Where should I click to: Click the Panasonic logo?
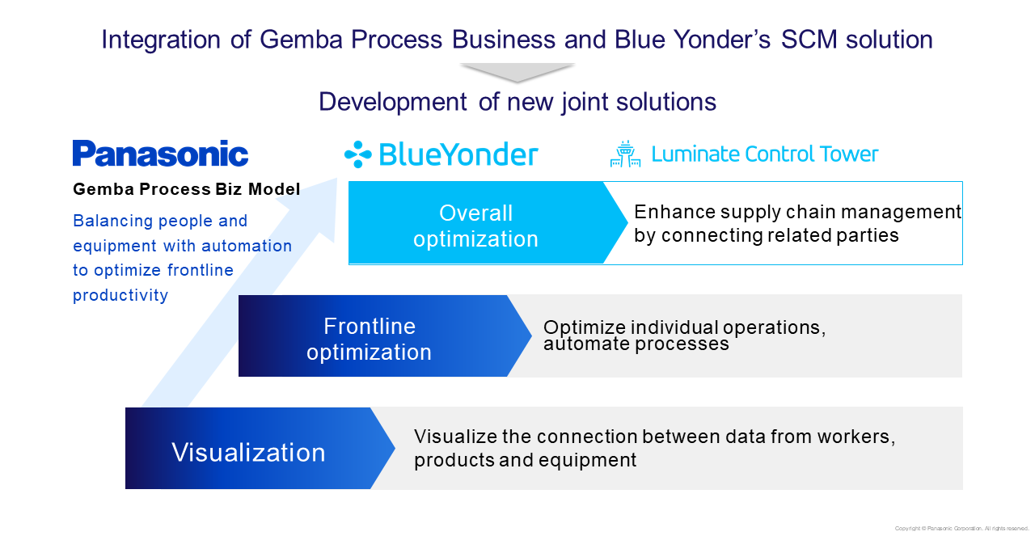(160, 154)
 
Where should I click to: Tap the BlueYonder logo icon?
(357, 154)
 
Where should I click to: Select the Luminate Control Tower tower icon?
(624, 154)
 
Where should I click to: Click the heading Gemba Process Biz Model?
(186, 189)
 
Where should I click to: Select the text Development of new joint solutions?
(517, 102)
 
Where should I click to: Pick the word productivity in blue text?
(120, 295)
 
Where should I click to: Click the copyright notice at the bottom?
(961, 529)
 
